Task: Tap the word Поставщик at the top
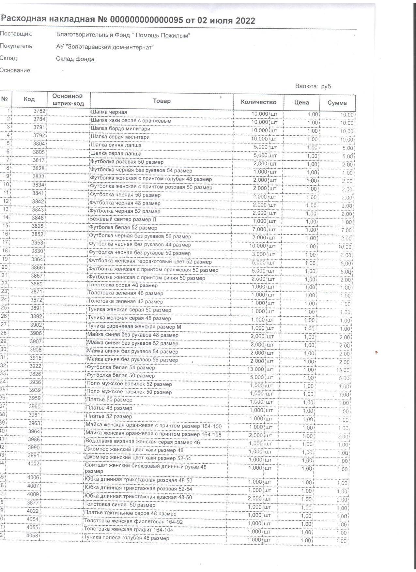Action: pyautogui.click(x=16, y=34)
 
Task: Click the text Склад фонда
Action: pyautogui.click(x=75, y=59)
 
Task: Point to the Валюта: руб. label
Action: pyautogui.click(x=314, y=86)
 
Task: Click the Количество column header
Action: pyautogui.click(x=258, y=102)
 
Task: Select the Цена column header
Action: pyautogui.click(x=301, y=102)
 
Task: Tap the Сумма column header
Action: pyautogui.click(x=337, y=103)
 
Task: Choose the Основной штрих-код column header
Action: pyautogui.click(x=68, y=100)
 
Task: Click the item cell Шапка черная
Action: pyautogui.click(x=109, y=112)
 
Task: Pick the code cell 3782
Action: pyautogui.click(x=39, y=111)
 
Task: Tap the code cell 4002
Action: pyautogui.click(x=33, y=464)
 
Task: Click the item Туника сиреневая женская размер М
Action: pyautogui.click(x=134, y=327)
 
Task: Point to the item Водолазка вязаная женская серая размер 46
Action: pyautogui.click(x=143, y=442)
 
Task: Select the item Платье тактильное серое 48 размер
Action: pyautogui.click(x=131, y=513)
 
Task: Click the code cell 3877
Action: pyautogui.click(x=33, y=503)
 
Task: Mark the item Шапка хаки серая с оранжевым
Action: pyautogui.click(x=131, y=121)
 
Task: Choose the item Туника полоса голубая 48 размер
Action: pyautogui.click(x=127, y=538)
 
